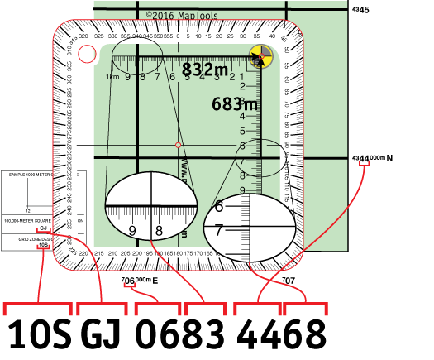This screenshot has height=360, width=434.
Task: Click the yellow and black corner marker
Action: point(260,58)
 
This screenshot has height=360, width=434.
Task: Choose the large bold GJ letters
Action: point(103,335)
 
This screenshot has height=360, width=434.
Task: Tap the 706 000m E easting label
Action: point(138,281)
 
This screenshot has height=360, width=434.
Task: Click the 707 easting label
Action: point(289,281)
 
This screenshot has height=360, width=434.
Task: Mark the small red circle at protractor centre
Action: point(178,146)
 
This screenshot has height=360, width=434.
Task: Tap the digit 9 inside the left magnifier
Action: point(131,231)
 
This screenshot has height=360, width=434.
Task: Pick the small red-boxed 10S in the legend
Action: point(42,246)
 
